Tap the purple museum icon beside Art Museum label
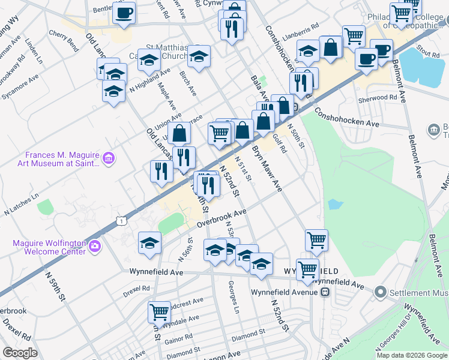click(x=109, y=158)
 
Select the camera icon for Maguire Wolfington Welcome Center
click(x=94, y=246)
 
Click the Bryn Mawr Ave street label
click(x=267, y=169)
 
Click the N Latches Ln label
click(x=21, y=203)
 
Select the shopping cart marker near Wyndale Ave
click(x=158, y=312)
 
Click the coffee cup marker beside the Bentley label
click(x=124, y=13)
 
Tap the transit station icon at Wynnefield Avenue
click(x=325, y=292)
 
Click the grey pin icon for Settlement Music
click(x=379, y=292)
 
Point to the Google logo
click(x=20, y=353)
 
